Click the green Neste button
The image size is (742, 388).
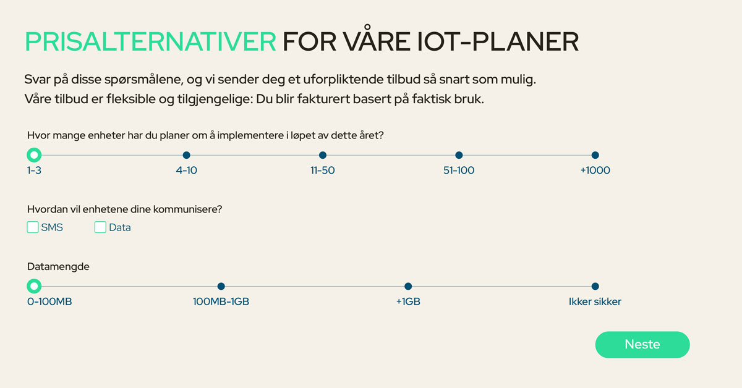click(642, 345)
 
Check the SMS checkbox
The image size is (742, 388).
click(32, 227)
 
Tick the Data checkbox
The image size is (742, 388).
click(100, 227)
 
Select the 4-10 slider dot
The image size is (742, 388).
click(187, 155)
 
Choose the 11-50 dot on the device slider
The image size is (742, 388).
click(323, 155)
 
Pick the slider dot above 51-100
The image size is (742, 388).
click(459, 155)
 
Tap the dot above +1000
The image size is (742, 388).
click(595, 155)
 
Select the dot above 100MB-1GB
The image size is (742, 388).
click(221, 286)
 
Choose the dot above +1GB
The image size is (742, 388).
click(408, 286)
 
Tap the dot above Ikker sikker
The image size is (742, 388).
click(595, 286)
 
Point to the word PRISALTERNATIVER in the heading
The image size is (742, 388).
click(151, 42)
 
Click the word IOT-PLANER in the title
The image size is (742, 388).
click(498, 42)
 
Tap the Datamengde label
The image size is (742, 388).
click(58, 267)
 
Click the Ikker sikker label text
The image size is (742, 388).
click(595, 302)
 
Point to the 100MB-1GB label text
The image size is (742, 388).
click(221, 302)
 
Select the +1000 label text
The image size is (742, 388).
click(595, 171)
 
